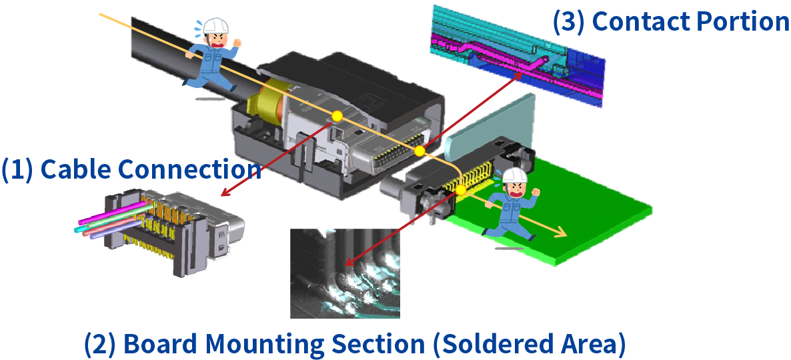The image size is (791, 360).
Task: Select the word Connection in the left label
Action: pyautogui.click(x=189, y=169)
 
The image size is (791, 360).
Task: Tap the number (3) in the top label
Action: pyautogui.click(x=569, y=22)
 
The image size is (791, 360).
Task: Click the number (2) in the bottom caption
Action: pyautogui.click(x=100, y=344)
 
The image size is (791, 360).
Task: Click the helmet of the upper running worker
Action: pyautogui.click(x=215, y=26)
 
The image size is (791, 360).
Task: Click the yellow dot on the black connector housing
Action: pyautogui.click(x=337, y=117)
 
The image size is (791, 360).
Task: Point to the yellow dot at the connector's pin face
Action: pyautogui.click(x=419, y=152)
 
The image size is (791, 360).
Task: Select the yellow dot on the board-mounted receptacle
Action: pyautogui.click(x=461, y=190)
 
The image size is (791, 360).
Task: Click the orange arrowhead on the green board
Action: pyautogui.click(x=562, y=234)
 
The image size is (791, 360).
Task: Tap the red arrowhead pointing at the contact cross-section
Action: pyautogui.click(x=520, y=75)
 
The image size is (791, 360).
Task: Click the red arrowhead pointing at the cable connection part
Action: pyautogui.click(x=225, y=194)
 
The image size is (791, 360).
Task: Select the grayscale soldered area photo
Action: pyautogui.click(x=345, y=273)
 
